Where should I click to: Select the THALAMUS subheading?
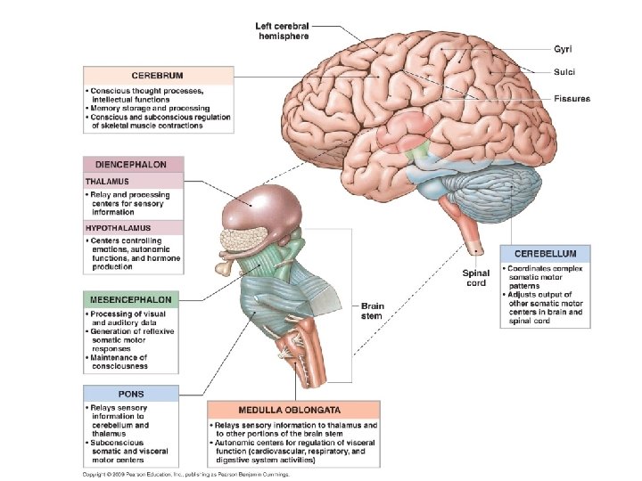(x=108, y=182)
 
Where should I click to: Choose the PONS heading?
(x=130, y=394)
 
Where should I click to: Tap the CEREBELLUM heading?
(x=546, y=254)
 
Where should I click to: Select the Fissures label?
(x=572, y=99)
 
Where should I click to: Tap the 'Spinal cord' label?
(x=475, y=278)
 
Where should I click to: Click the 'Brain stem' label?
(x=372, y=311)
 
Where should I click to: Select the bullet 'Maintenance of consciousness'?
(x=120, y=363)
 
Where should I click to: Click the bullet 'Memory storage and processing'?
(x=147, y=108)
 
